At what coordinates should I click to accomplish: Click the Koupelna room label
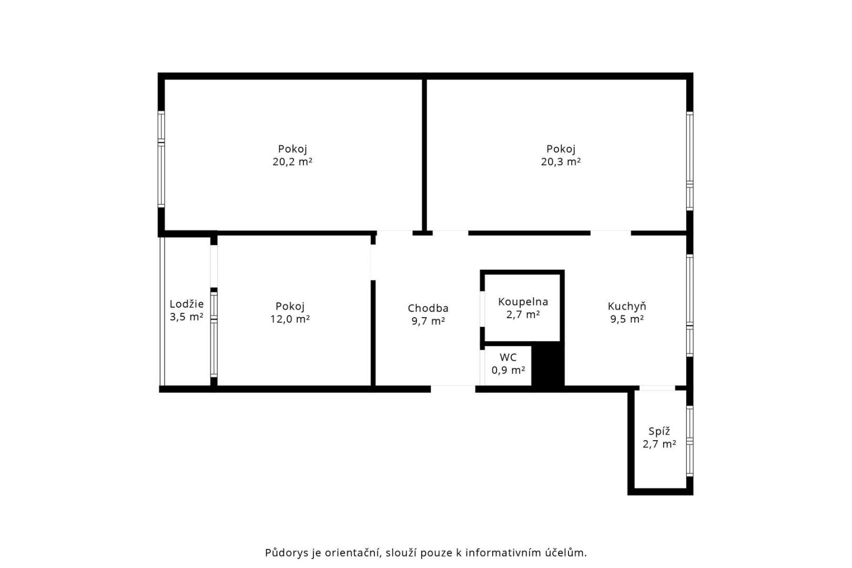[523, 302]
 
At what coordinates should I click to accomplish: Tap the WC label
[508, 357]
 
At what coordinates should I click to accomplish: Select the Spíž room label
[659, 431]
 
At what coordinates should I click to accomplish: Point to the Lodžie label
[186, 304]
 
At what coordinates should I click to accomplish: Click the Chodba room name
[428, 308]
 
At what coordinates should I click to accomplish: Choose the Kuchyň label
[627, 306]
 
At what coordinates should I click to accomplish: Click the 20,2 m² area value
[292, 161]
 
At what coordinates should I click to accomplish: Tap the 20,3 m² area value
[561, 161]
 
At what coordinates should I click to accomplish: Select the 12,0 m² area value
[290, 319]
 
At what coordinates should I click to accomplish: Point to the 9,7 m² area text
[428, 321]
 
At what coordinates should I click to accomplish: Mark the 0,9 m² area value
[508, 370]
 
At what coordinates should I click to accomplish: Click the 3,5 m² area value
[186, 317]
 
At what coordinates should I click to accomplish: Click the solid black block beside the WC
[547, 365]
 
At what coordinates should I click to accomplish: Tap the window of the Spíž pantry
[689, 441]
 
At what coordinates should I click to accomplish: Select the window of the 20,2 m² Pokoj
[161, 159]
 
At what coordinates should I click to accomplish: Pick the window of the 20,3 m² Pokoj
[689, 161]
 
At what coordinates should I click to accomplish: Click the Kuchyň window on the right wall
[689, 306]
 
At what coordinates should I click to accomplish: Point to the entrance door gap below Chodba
[453, 389]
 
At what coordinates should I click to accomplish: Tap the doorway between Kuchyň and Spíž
[657, 388]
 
